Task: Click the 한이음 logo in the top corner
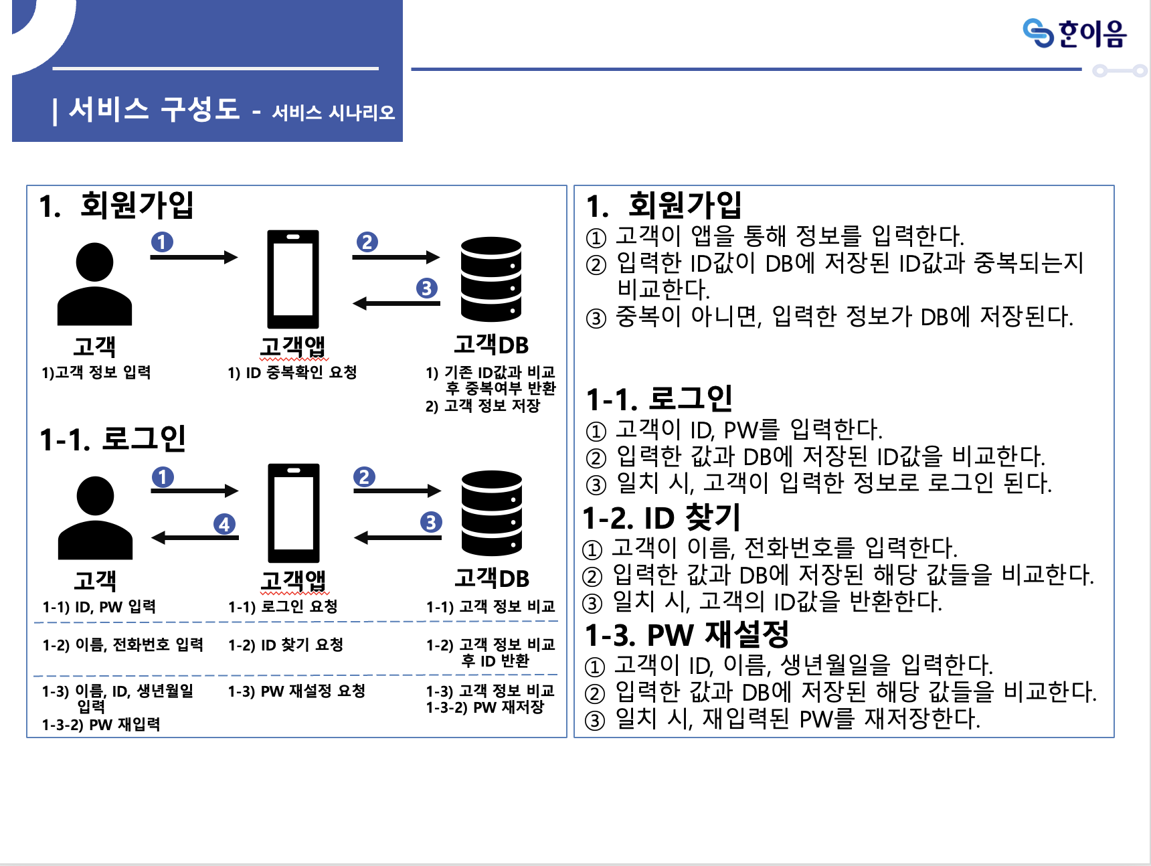[1075, 33]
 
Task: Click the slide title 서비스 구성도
[154, 109]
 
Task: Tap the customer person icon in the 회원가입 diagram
[94, 284]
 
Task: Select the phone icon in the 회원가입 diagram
[293, 279]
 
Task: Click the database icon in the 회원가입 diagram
[491, 279]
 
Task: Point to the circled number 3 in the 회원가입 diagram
[426, 288]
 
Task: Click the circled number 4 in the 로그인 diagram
[224, 524]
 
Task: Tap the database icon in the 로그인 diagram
[492, 513]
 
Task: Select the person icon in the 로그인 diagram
[95, 518]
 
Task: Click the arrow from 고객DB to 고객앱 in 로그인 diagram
[397, 537]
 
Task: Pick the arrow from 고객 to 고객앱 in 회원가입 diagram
[194, 257]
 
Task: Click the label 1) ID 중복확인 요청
[292, 372]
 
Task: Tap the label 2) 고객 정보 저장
[482, 406]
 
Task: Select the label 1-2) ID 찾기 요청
[286, 644]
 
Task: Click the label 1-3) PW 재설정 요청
[296, 691]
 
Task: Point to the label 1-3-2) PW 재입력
[101, 724]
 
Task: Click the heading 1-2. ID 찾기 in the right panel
[661, 517]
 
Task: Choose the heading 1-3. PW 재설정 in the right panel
[687, 634]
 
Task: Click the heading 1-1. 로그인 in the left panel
[112, 439]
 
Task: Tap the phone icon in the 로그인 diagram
[294, 513]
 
